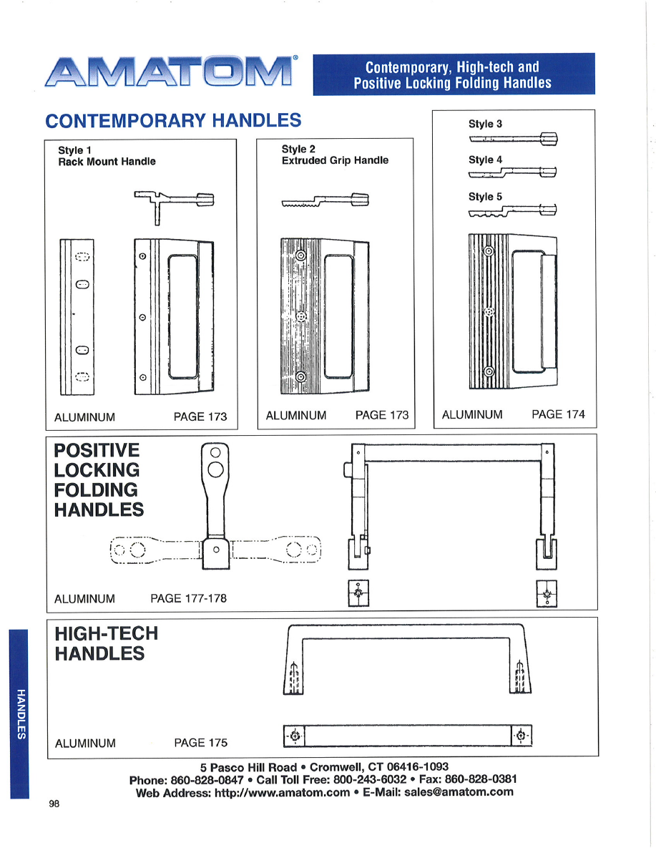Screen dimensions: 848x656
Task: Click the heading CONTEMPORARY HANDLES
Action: [173, 120]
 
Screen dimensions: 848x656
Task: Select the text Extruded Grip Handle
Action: [335, 160]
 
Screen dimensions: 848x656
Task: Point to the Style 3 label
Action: [485, 124]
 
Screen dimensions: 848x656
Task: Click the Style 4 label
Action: [485, 160]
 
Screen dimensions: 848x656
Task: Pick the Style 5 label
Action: [485, 196]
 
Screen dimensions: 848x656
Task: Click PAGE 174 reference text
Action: [558, 414]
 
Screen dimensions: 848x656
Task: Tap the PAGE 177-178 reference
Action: [188, 598]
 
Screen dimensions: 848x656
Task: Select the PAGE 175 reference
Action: [200, 743]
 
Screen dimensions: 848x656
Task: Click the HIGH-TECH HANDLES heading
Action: [106, 643]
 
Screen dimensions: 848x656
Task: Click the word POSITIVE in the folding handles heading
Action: [97, 451]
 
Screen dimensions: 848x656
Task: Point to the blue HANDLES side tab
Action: [19, 713]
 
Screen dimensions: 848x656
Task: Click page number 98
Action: [54, 804]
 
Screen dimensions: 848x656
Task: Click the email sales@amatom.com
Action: [459, 792]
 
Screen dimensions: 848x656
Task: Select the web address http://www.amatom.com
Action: [283, 792]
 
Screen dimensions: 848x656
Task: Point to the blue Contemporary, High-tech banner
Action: [453, 74]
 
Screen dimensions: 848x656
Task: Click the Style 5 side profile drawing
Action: [512, 210]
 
